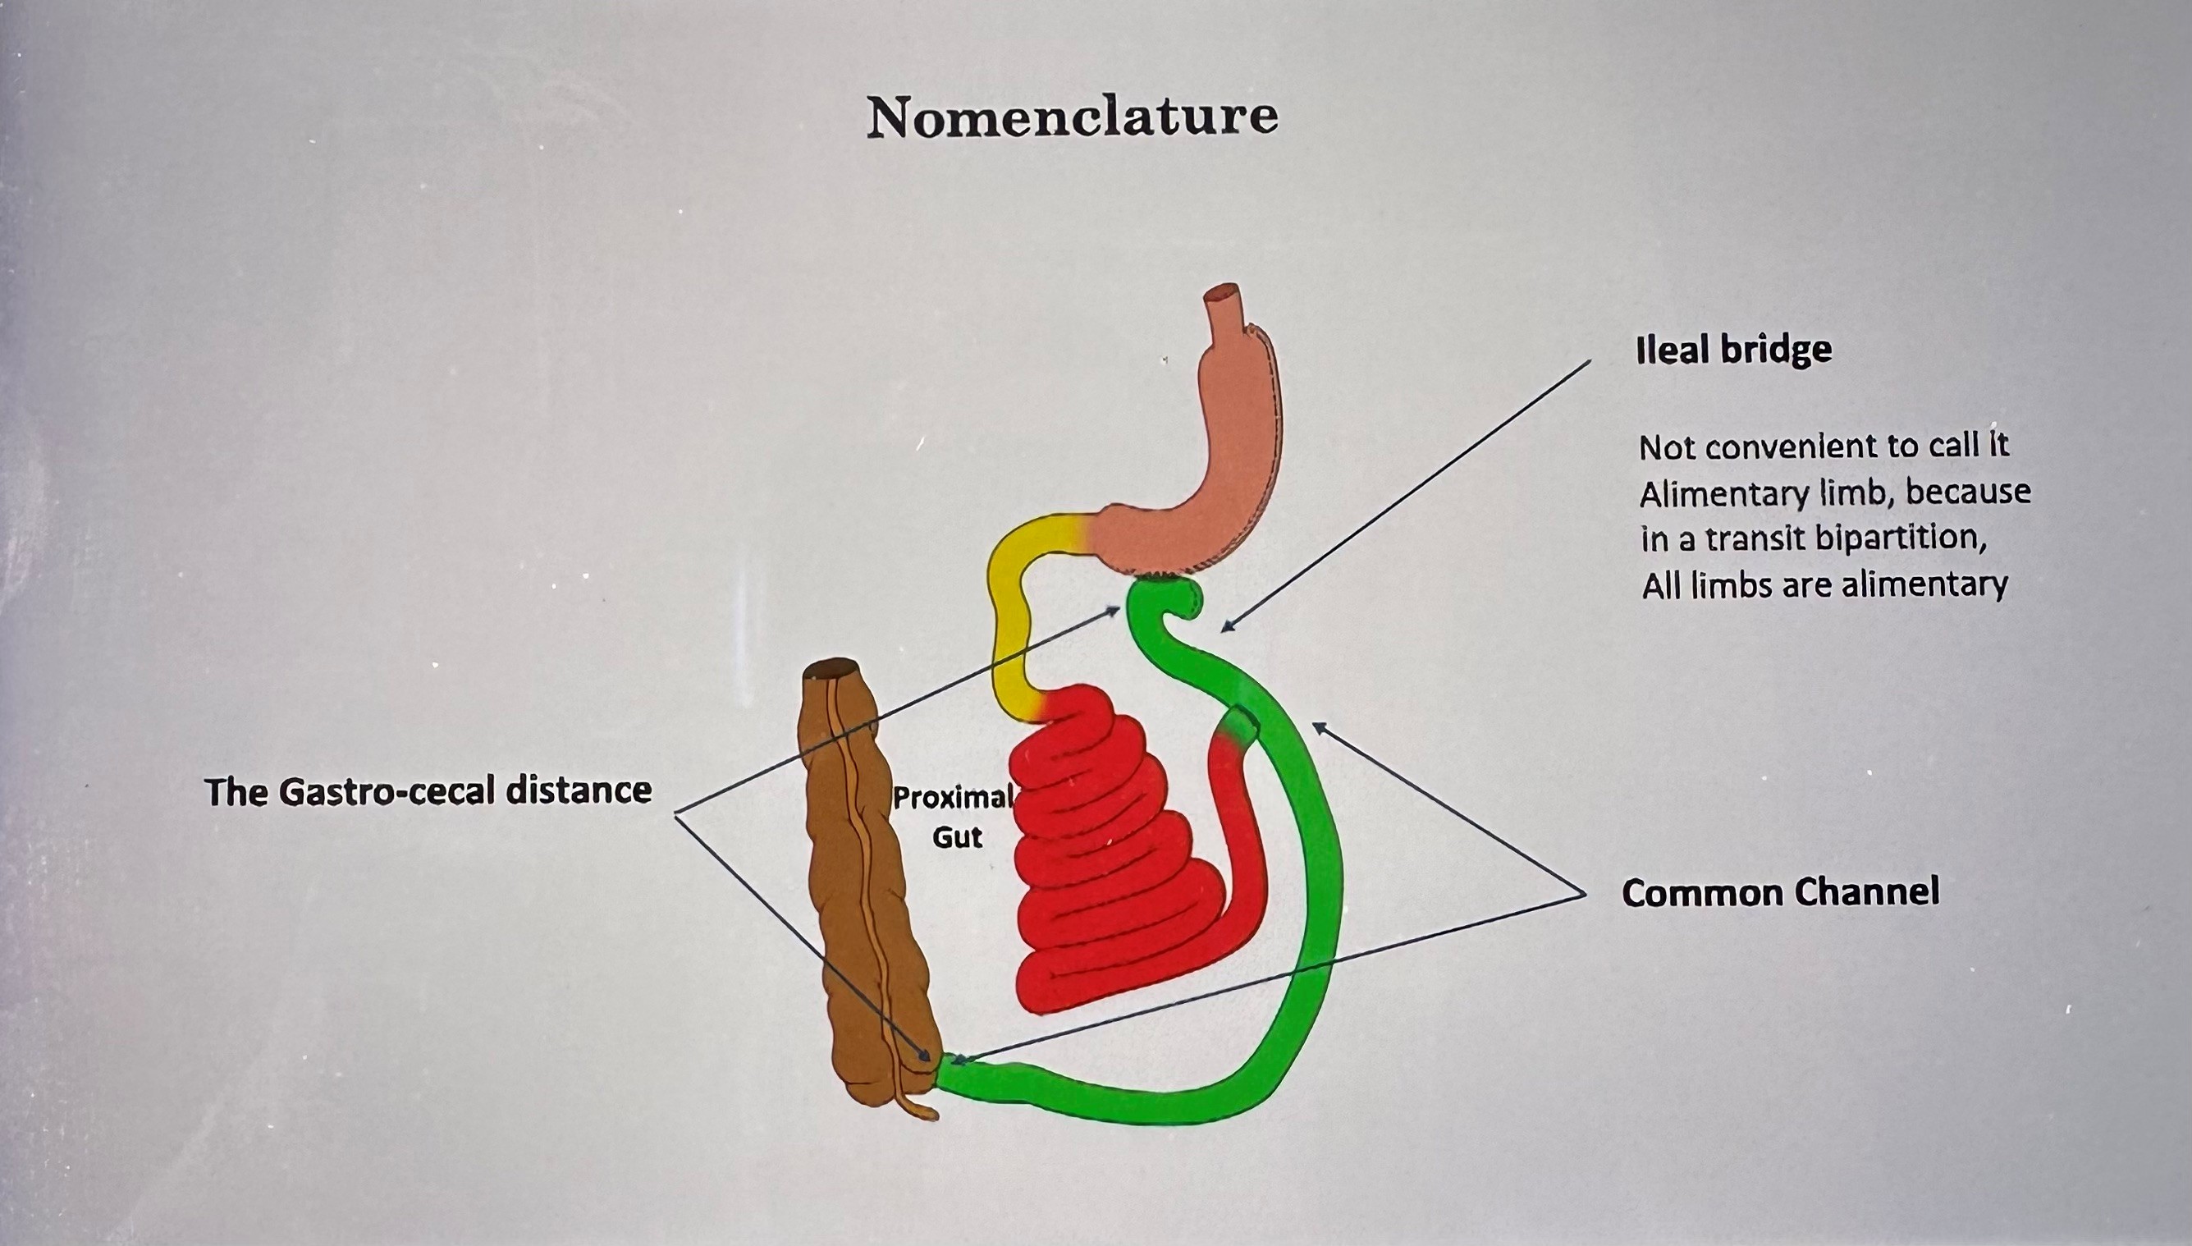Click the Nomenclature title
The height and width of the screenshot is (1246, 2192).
pos(1072,117)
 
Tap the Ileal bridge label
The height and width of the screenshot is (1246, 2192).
pos(1733,350)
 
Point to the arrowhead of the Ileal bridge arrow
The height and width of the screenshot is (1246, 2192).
pos(1225,630)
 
